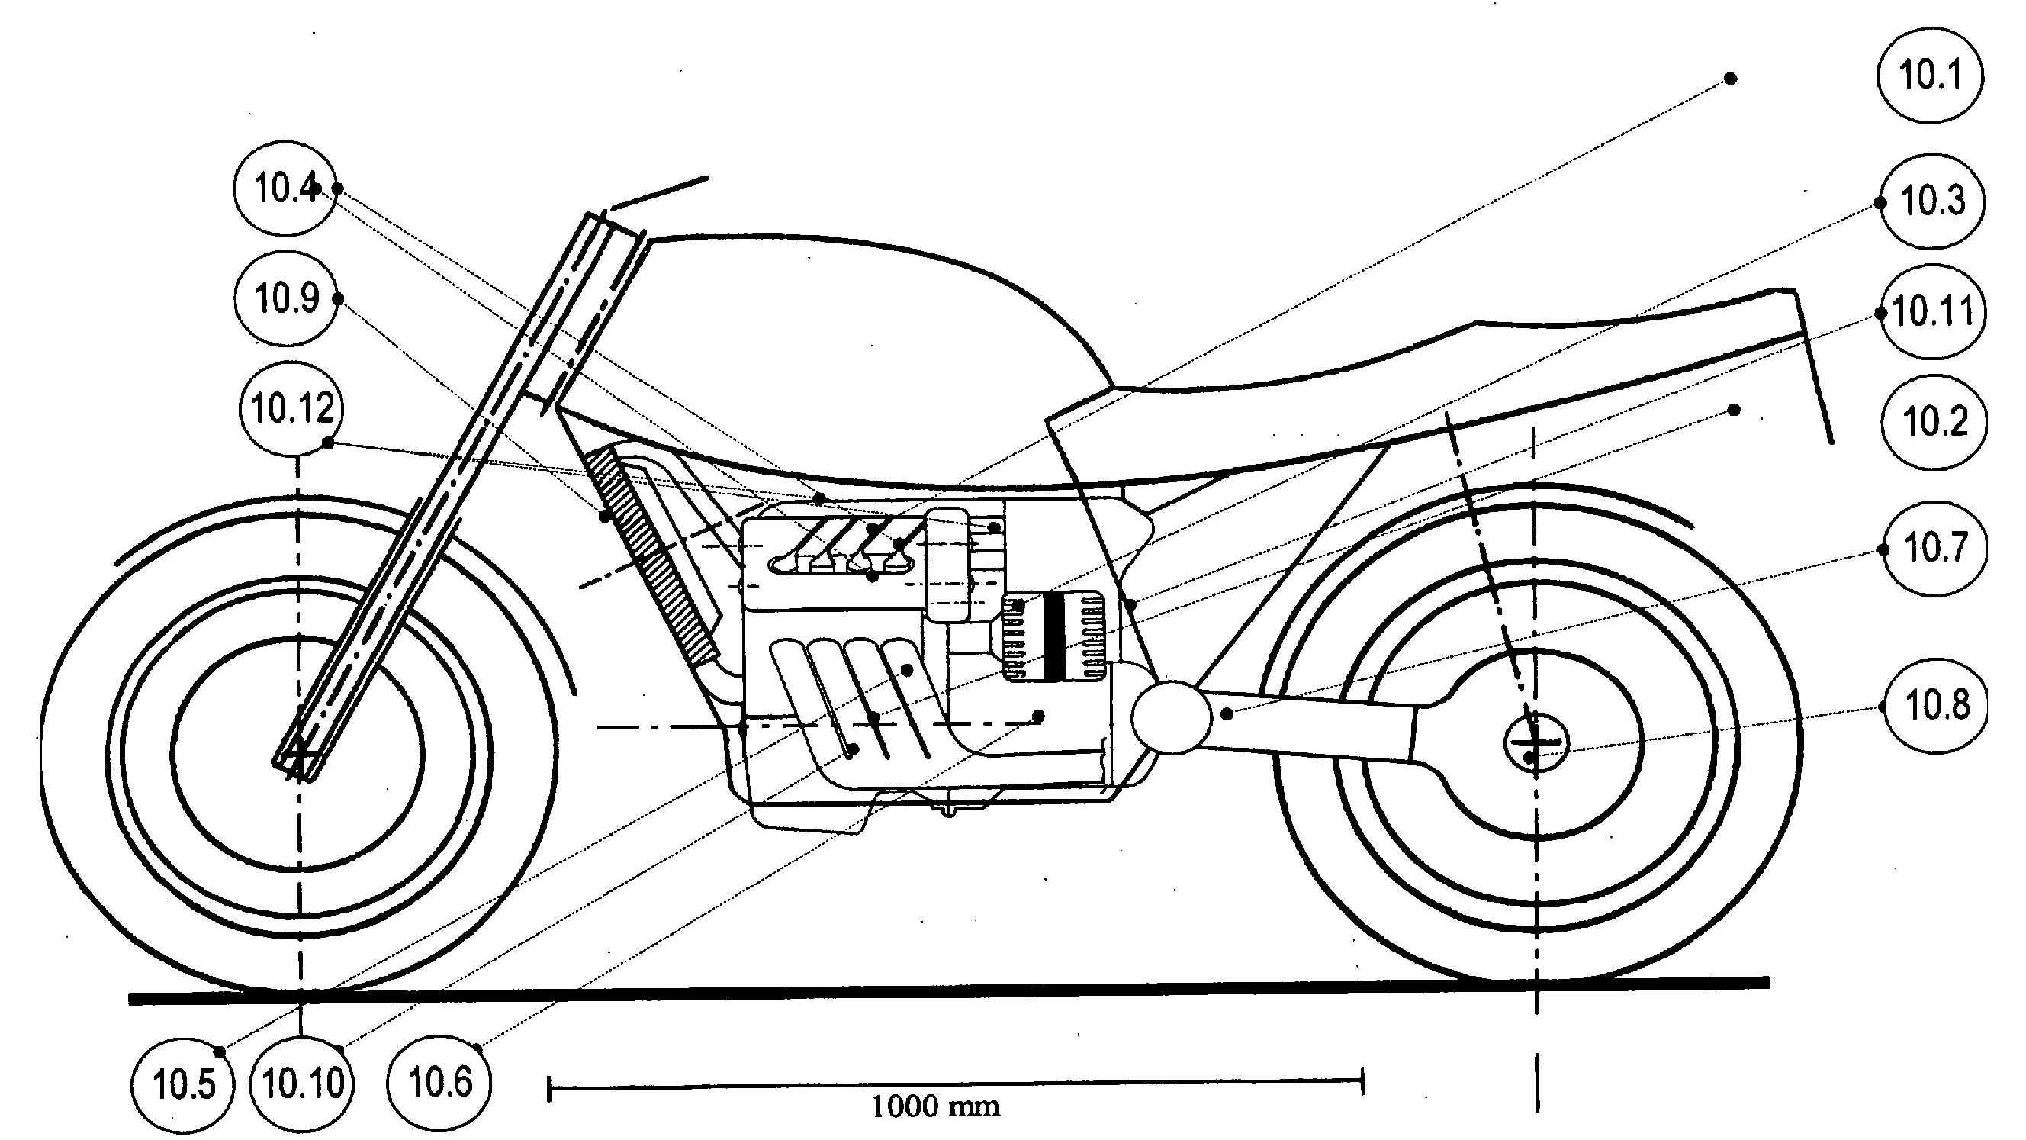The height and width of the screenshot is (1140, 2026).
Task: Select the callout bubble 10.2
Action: (x=1934, y=423)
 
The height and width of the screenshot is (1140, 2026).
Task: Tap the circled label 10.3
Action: (x=1931, y=201)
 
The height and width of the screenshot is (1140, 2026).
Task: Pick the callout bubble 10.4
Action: (x=285, y=188)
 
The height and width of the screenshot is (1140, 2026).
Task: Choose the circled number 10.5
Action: (x=183, y=1085)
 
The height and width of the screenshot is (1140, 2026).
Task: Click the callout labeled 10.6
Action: (x=440, y=1082)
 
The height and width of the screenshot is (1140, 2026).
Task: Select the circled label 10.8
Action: (x=1935, y=704)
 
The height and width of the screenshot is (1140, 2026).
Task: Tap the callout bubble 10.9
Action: (x=287, y=298)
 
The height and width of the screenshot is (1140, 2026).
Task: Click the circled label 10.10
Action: (x=302, y=1084)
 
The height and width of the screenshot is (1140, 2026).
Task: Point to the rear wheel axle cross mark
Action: (x=1534, y=741)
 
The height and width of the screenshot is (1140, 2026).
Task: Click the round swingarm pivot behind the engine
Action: (x=1169, y=716)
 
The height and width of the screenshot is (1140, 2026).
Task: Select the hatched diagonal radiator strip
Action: (x=654, y=556)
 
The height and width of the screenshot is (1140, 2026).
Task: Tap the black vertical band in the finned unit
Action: (x=1055, y=636)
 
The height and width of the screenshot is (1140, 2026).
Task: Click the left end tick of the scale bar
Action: (x=549, y=1090)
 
